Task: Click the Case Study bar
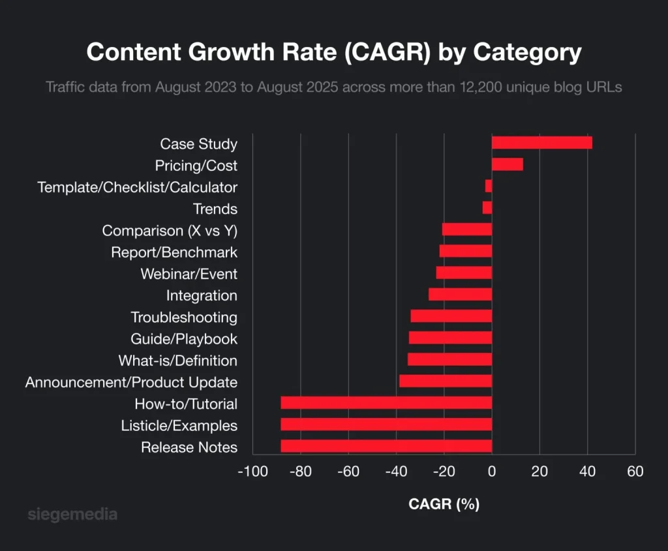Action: coord(541,143)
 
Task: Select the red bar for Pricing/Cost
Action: coord(508,164)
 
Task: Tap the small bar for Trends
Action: coord(487,208)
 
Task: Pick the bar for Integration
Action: coord(460,295)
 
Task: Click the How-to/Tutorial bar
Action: coord(386,403)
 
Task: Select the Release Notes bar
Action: coord(386,446)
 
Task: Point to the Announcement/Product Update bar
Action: coord(446,381)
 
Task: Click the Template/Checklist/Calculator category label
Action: coord(138,188)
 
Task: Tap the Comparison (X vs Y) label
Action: coord(170,231)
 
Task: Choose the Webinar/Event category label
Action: coord(189,274)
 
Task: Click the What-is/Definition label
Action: coord(177,361)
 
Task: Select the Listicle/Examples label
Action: coord(179,426)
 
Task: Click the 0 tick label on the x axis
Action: coord(492,472)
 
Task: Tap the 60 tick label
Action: coord(635,472)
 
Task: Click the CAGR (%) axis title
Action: coord(444,504)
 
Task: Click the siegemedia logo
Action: coord(73,514)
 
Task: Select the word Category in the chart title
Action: coord(527,52)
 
